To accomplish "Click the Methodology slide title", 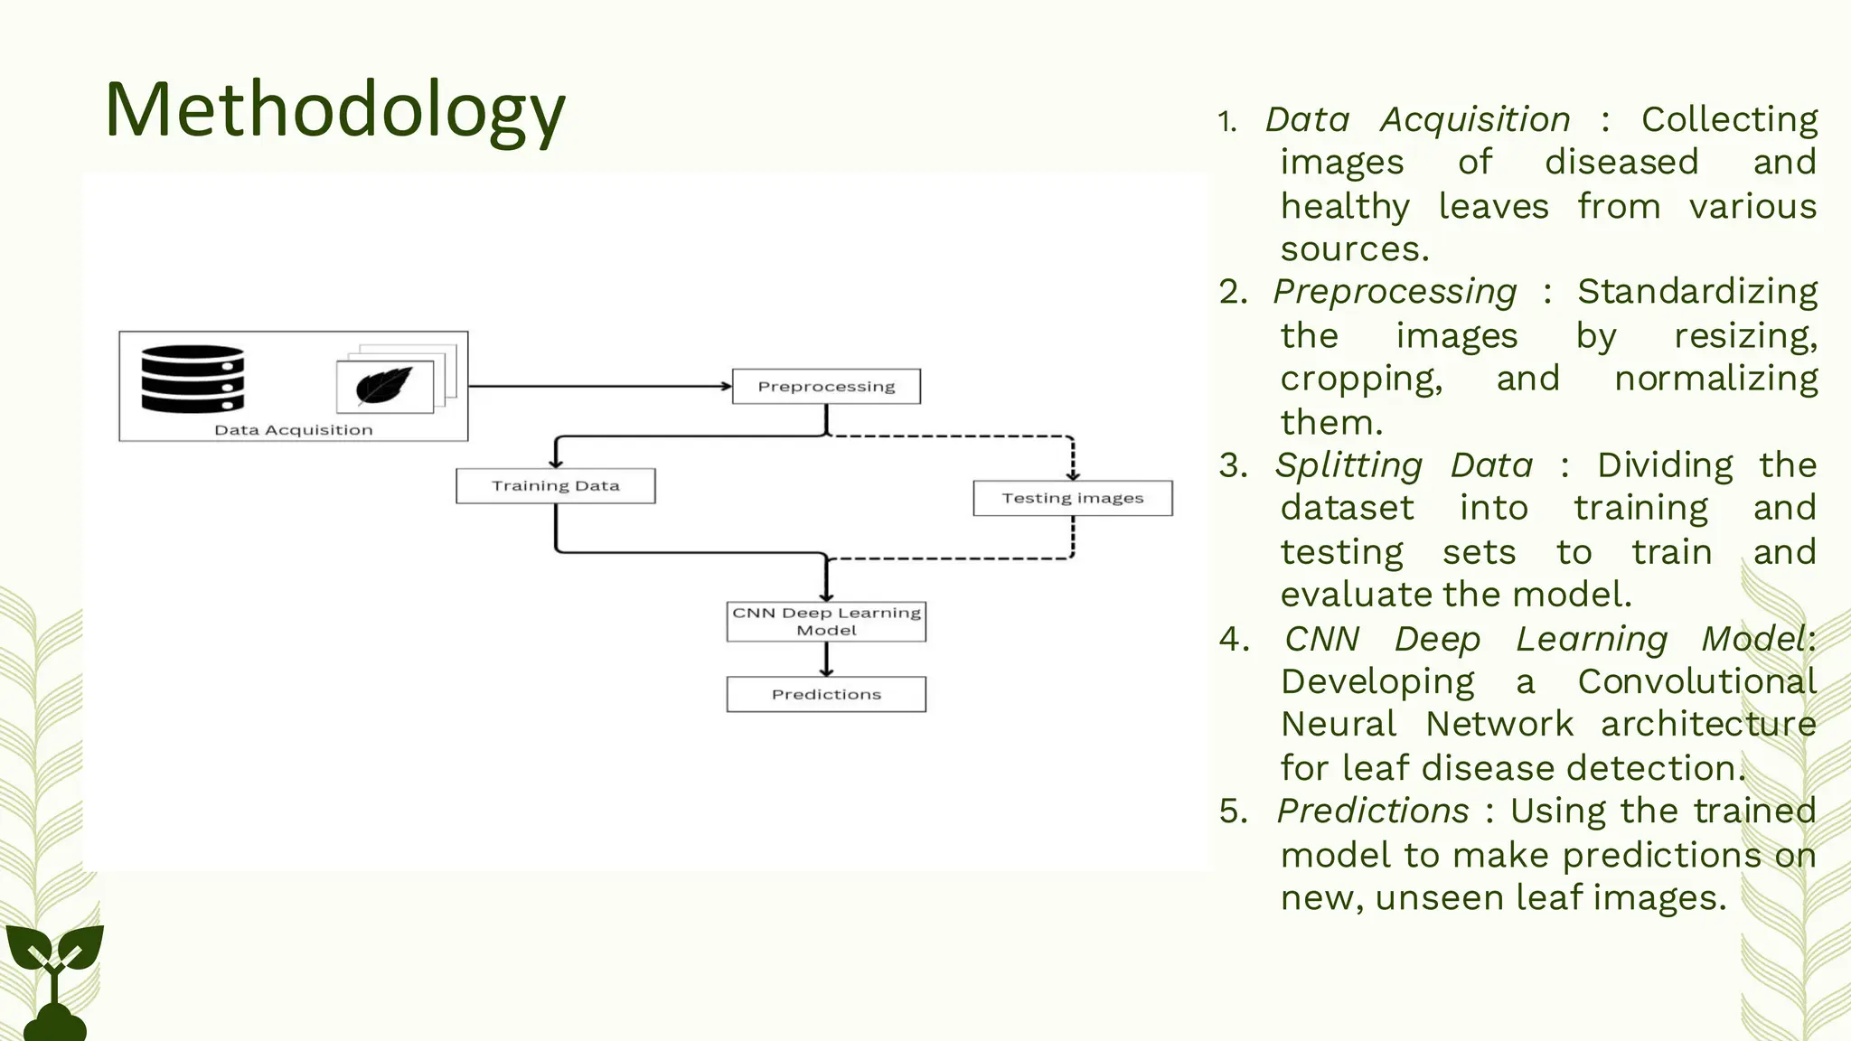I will coord(334,110).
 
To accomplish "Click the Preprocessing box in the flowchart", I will coord(826,387).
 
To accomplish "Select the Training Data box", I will coord(555,486).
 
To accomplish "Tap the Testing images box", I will coord(1072,498).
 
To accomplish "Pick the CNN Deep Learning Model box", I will coord(826,622).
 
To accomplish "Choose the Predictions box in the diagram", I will coord(826,694).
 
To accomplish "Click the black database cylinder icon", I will coord(193,380).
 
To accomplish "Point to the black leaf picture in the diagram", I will coord(384,386).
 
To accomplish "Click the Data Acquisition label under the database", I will coord(293,430).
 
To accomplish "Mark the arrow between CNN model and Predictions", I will coord(826,660).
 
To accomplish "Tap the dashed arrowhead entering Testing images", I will coord(1073,474).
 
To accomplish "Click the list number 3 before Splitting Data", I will coord(1233,466).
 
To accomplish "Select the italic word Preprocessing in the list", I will coord(1395,292).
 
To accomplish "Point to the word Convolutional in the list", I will coord(1696,682).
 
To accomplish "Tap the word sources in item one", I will coord(1354,249).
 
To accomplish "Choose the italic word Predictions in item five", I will coord(1373,811).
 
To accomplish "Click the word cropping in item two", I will coord(1360,379).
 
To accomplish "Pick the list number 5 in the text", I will coord(1233,811).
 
